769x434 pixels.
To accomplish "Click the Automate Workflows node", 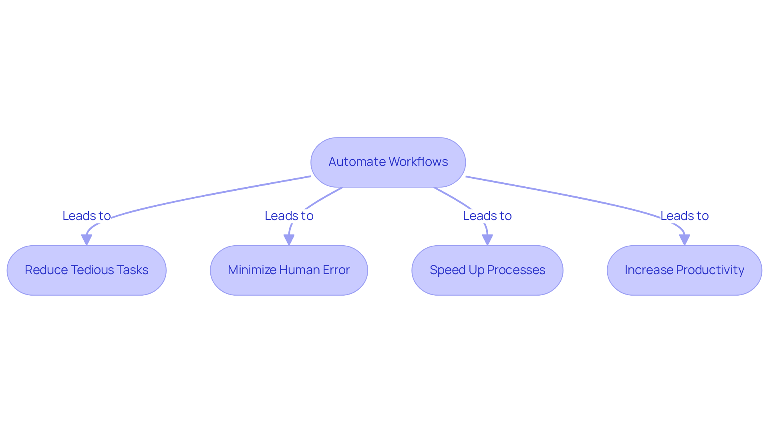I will (x=388, y=162).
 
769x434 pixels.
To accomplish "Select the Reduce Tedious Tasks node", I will (x=87, y=270).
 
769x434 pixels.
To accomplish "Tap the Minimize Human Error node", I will (x=289, y=270).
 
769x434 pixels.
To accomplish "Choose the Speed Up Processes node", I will (x=487, y=270).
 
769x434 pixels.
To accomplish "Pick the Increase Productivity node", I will (x=684, y=270).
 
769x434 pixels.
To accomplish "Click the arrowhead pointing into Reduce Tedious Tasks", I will (x=87, y=240).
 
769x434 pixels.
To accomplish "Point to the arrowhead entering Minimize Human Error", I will (x=289, y=240).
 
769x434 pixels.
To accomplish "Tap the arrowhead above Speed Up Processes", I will (x=487, y=240).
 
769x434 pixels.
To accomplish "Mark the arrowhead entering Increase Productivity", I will (x=684, y=240).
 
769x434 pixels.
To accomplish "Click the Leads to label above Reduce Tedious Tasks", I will (x=87, y=216).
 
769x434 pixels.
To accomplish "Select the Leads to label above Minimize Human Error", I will (x=289, y=216).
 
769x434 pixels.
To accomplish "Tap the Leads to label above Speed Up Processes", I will (x=487, y=216).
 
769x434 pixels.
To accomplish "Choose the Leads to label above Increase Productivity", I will (x=684, y=216).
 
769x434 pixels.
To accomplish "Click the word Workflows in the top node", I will (x=418, y=162).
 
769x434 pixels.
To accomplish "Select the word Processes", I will (x=516, y=270).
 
